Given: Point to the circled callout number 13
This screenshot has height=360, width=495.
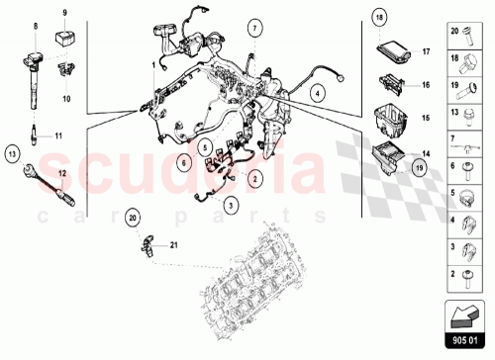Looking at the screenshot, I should click(x=13, y=153).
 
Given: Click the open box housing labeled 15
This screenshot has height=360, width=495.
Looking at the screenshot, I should click(x=389, y=119).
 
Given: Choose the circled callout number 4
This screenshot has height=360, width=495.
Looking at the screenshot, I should click(x=316, y=94).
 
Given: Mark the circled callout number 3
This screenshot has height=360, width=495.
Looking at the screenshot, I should click(x=231, y=205).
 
